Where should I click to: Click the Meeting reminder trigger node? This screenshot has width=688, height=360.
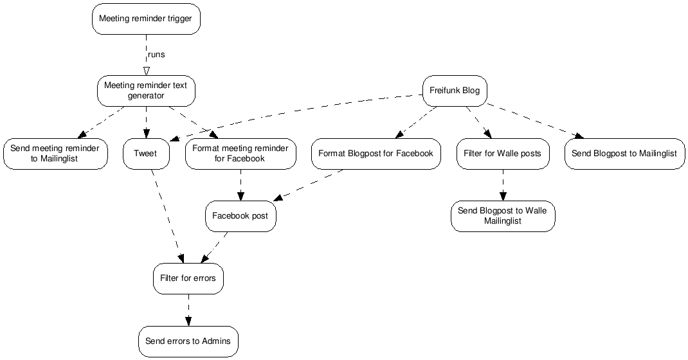coord(145,19)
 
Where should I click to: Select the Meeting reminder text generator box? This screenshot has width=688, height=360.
coord(145,91)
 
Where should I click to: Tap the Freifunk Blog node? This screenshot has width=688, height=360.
coord(454,91)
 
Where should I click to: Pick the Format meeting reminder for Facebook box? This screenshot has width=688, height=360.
coord(240,154)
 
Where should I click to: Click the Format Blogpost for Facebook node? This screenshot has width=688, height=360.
coord(376,154)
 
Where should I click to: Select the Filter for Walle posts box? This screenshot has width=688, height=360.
coord(502,154)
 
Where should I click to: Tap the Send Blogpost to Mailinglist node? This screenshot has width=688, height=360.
coord(624,154)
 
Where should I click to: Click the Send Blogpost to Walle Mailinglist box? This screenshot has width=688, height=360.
coord(502,216)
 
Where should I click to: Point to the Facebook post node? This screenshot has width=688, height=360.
coord(240,216)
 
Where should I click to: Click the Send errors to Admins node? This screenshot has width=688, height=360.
coord(188,341)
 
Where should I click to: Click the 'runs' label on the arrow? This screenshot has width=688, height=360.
coord(156,55)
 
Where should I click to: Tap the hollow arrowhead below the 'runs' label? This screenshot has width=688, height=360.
coord(146,70)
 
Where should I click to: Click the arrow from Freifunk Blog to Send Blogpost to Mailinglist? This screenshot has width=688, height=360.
coord(534,121)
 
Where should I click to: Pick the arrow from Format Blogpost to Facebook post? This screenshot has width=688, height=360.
coord(309,186)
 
